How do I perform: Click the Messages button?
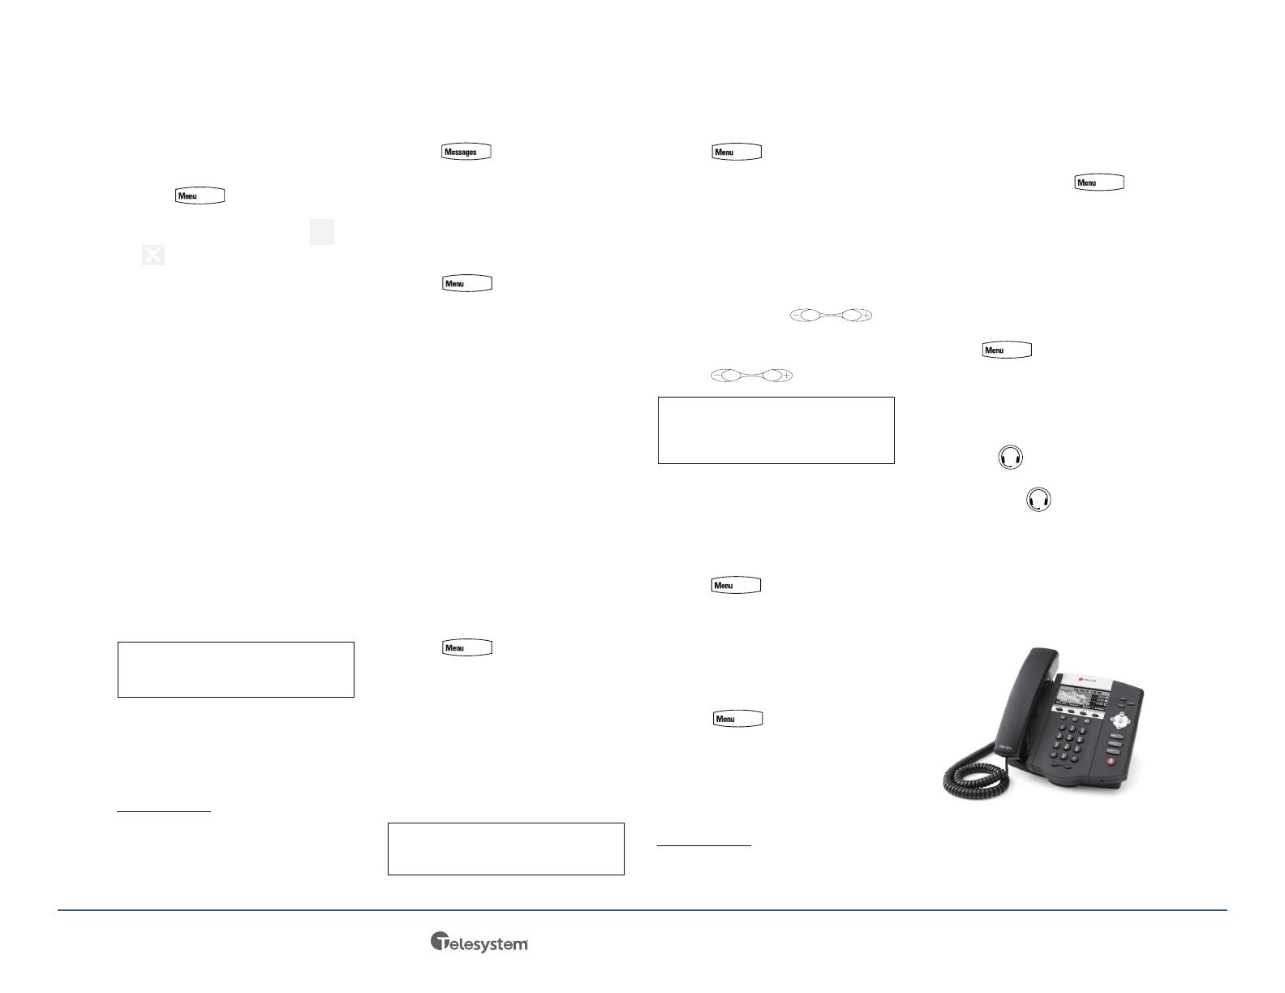coord(466,152)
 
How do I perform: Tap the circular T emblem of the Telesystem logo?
coord(440,941)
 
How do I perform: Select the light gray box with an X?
coord(153,255)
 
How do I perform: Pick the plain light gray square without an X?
coord(322,232)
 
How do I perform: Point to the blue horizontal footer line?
coord(642,910)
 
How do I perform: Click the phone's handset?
coord(1027,701)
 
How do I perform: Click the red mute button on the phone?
coord(1111,762)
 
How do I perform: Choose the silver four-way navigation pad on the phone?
coord(1120,720)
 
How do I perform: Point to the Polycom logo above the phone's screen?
coord(1088,679)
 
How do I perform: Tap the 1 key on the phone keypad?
coord(1062,728)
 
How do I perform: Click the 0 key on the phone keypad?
coord(1064,756)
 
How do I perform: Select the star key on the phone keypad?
coord(1053,754)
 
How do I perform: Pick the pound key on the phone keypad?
coord(1074,759)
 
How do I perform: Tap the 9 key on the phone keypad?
coord(1077,748)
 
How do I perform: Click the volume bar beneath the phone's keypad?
coord(1061,765)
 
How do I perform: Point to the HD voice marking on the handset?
coord(1005,748)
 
